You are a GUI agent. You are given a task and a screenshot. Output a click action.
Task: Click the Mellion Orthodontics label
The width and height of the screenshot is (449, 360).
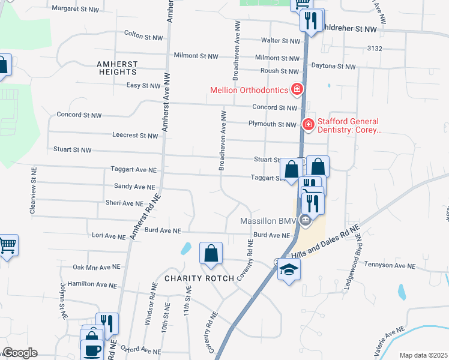250,91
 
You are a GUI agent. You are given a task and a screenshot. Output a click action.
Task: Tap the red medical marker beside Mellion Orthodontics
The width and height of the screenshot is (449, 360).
296,90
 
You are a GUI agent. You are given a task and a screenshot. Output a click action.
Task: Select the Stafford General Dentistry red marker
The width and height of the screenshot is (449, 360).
309,124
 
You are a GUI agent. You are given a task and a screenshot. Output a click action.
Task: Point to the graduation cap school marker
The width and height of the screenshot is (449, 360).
289,269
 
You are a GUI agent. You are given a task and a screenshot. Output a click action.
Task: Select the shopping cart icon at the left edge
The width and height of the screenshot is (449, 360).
7,244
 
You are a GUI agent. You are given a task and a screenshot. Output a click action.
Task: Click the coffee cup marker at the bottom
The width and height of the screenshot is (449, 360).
92,350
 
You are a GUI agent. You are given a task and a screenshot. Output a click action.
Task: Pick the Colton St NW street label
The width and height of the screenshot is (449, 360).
143,37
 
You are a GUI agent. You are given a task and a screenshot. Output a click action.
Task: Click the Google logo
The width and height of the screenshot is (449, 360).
20,353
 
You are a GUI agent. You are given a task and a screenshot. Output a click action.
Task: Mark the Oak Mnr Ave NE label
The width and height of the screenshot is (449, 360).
97,267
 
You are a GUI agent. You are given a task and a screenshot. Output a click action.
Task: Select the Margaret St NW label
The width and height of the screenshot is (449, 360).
75,8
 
